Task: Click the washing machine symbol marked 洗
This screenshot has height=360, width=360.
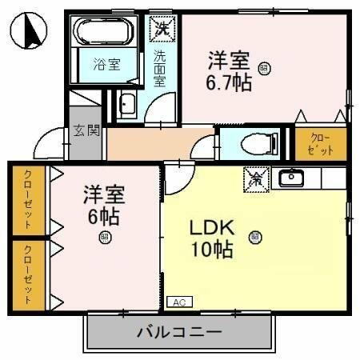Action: coord(162,27)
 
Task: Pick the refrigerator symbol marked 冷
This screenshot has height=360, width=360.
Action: coord(257,178)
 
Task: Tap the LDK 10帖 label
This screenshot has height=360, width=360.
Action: coord(211,238)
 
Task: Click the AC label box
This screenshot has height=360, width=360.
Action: coord(179,302)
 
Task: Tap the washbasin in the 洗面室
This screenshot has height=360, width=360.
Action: coord(128,104)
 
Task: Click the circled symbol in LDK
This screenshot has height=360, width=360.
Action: coord(254,236)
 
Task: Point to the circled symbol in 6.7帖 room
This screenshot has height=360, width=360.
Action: coord(263,70)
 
